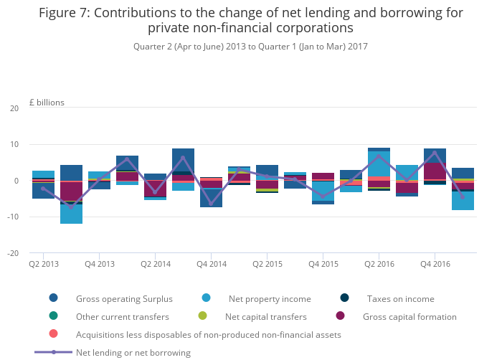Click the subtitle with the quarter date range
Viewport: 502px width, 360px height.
click(250, 47)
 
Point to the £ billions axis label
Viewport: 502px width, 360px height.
click(47, 103)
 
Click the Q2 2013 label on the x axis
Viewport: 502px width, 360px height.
click(43, 264)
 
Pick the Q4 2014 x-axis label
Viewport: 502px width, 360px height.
click(211, 264)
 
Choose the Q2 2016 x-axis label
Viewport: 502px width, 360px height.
click(379, 264)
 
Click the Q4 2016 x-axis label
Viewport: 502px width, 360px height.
click(435, 264)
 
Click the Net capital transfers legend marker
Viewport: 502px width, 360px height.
click(203, 316)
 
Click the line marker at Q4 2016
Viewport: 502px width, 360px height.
click(435, 153)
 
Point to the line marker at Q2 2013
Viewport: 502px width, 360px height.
click(43, 188)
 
